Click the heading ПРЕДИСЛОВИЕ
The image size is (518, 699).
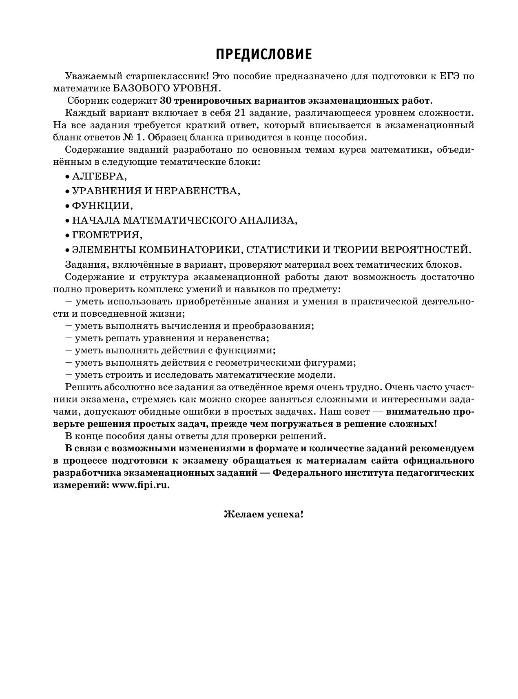click(x=263, y=54)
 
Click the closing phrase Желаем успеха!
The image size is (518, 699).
click(x=263, y=514)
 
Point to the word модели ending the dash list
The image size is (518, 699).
click(x=321, y=375)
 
